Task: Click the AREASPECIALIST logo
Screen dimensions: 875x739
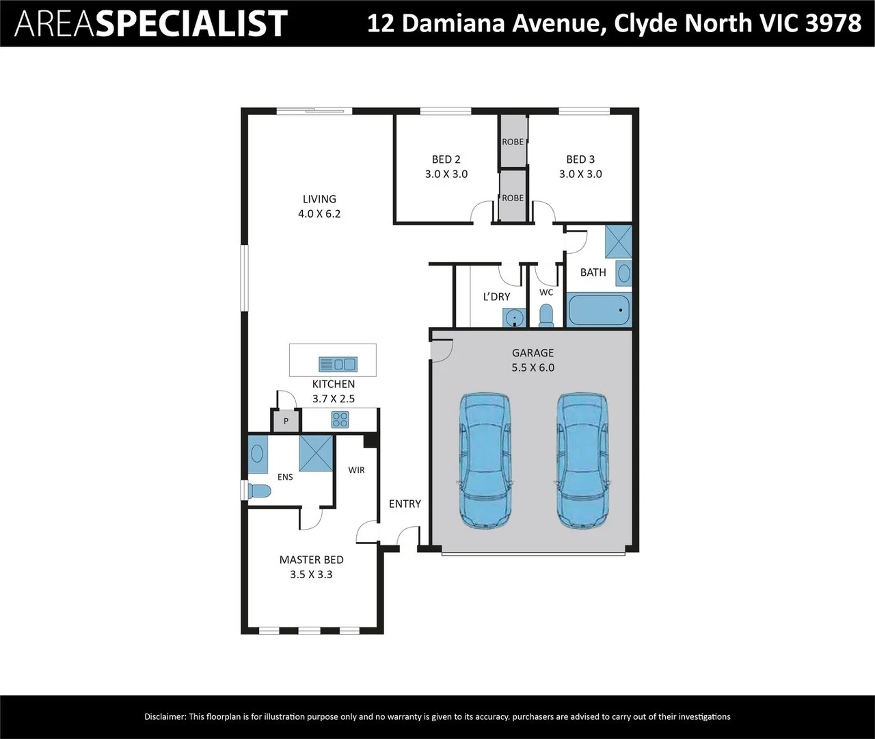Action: [x=151, y=23]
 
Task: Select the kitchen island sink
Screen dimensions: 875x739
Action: [x=338, y=364]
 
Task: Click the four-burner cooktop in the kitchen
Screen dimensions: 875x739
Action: [x=340, y=419]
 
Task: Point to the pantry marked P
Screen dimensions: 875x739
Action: [x=286, y=421]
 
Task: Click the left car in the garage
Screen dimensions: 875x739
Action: [x=485, y=461]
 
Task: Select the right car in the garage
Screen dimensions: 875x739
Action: [x=582, y=461]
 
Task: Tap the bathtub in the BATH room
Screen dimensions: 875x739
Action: [x=598, y=309]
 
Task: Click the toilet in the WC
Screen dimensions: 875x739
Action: [x=546, y=315]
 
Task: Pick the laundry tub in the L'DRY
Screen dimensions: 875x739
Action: [x=514, y=317]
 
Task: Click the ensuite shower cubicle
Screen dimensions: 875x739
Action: [x=316, y=453]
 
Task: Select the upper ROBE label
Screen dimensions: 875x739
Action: [x=513, y=142]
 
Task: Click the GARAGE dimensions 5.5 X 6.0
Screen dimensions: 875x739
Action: [x=533, y=367]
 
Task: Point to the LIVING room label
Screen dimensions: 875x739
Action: [x=319, y=199]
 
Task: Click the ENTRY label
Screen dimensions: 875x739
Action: [x=405, y=504]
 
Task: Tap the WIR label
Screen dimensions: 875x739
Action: [x=356, y=470]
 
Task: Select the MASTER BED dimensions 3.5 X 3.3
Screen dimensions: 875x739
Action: [x=311, y=574]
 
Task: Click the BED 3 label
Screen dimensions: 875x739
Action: [x=580, y=159]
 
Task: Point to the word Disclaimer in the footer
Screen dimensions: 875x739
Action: [x=165, y=716]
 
